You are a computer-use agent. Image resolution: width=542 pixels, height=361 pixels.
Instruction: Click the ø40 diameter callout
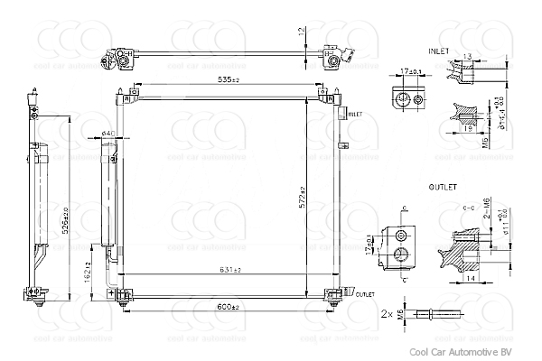pyautogui.click(x=107, y=134)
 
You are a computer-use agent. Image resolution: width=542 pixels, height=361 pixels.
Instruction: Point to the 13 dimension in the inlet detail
pyautogui.click(x=466, y=57)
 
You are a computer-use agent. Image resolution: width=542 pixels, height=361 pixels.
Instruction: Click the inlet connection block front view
pyautogui.click(x=405, y=98)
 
